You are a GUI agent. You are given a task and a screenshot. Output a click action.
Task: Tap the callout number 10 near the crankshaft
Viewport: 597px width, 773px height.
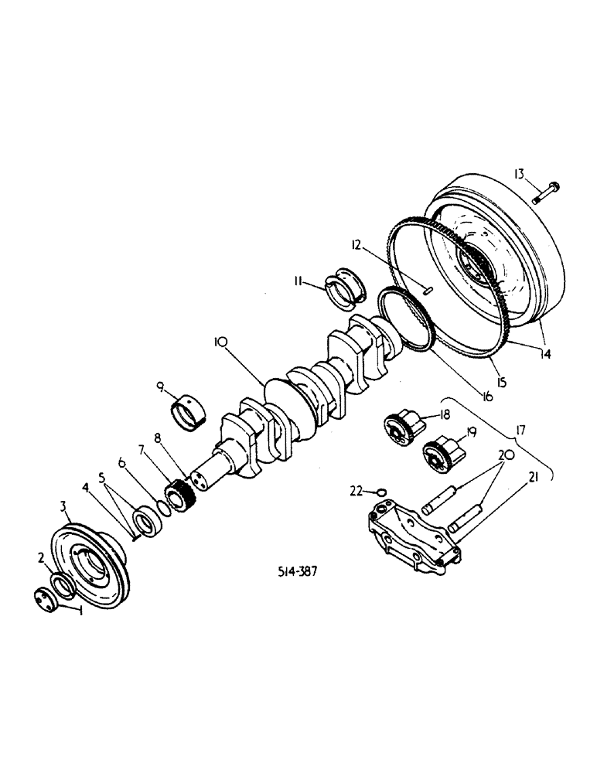[220, 340]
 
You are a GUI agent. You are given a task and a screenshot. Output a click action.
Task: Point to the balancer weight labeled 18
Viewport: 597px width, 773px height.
[404, 426]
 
